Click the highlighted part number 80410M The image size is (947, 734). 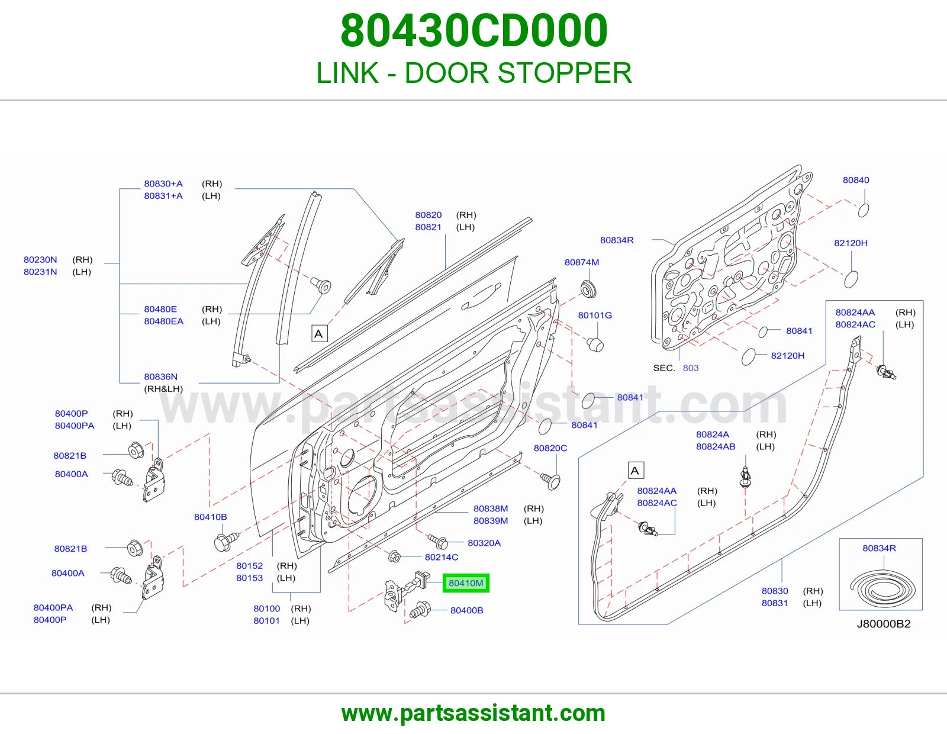466,582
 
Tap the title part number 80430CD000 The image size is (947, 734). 474,30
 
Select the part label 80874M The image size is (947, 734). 582,262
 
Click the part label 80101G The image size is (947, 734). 595,315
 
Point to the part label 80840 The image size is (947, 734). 856,179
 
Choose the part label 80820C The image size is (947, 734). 550,448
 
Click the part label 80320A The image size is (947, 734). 484,543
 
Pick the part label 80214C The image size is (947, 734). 442,556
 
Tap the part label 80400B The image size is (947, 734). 467,610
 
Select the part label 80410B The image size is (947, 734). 211,517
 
